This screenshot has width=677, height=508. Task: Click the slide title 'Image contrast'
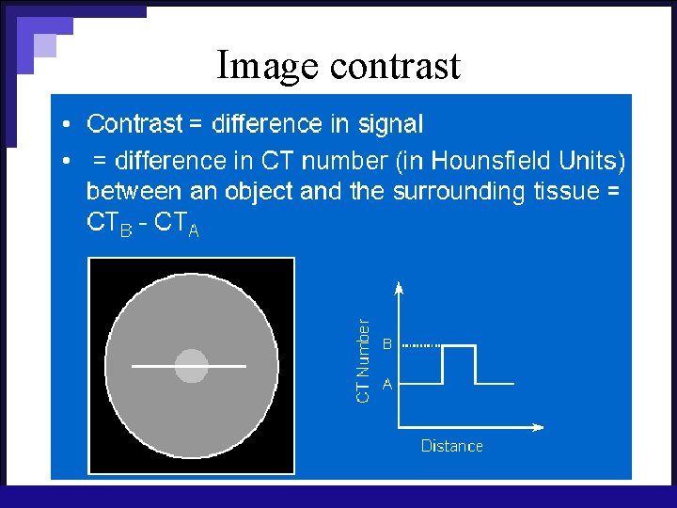pos(338,66)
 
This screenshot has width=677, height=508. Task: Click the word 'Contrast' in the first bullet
pos(134,123)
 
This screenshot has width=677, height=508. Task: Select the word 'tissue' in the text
pos(563,191)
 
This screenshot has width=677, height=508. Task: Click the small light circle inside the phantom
pos(191,365)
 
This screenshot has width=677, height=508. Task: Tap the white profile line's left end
pos(134,365)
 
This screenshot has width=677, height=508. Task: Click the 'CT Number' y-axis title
pos(362,361)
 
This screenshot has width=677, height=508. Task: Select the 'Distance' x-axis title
pos(451,446)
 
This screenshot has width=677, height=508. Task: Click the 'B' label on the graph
pos(386,345)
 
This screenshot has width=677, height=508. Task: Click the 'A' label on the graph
pos(386,384)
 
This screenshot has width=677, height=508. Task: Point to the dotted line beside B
pos(420,345)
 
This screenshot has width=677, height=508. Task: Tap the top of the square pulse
pos(459,345)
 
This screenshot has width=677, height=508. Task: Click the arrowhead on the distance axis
pos(538,428)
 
